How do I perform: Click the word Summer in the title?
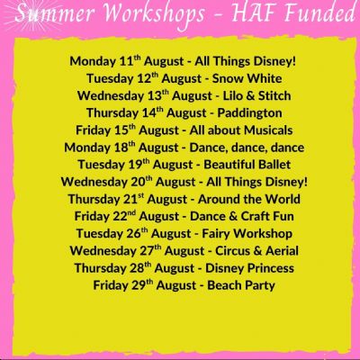click(55, 13)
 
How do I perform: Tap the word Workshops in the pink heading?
click(154, 15)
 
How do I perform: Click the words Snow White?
click(247, 78)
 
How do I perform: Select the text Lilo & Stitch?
click(256, 95)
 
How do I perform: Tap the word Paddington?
click(249, 113)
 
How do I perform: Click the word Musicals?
click(268, 130)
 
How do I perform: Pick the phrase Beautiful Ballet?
click(247, 165)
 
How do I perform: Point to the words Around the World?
click(249, 199)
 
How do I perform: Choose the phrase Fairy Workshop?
click(247, 234)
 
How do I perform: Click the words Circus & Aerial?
click(256, 251)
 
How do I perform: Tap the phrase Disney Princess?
click(249, 268)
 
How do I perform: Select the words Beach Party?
click(241, 285)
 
